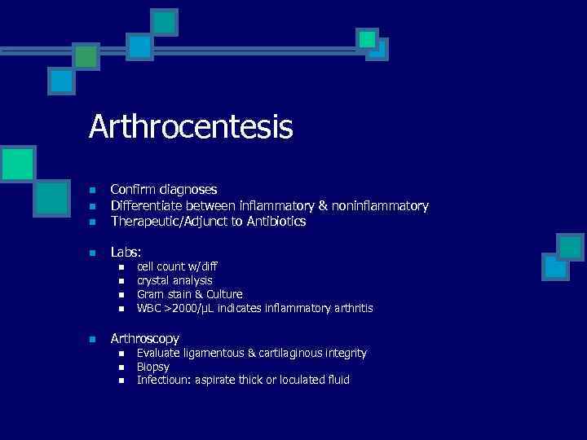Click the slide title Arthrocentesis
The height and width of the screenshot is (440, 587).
[191, 127]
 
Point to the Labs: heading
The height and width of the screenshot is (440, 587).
[127, 253]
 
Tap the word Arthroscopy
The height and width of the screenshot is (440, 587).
[145, 338]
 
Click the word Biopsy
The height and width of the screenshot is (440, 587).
[153, 367]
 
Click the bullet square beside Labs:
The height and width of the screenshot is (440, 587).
[93, 253]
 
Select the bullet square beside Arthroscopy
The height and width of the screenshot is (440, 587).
[93, 339]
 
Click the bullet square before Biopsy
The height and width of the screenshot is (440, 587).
[121, 367]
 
